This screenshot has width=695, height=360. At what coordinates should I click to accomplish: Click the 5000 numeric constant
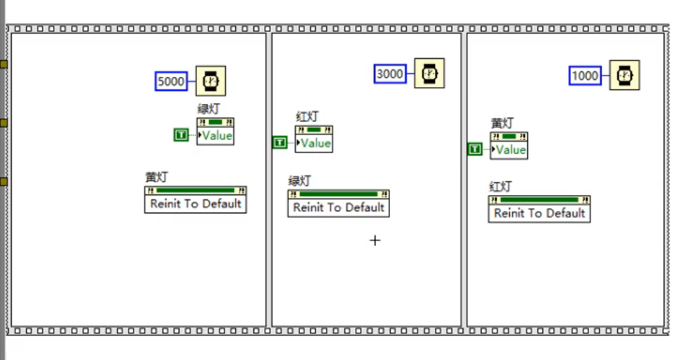click(171, 81)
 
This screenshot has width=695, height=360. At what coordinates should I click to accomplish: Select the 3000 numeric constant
click(390, 73)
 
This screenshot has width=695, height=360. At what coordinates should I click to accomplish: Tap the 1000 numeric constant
click(585, 75)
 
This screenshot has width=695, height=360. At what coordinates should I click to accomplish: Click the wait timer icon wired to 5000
click(211, 81)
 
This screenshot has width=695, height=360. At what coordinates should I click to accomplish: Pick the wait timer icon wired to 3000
click(429, 73)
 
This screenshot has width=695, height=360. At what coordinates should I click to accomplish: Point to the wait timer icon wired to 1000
click(625, 75)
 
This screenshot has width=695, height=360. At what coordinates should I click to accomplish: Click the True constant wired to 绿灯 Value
click(181, 134)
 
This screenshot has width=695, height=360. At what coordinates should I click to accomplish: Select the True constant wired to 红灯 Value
click(280, 142)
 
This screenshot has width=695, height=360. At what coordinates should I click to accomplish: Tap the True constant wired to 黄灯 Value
click(475, 150)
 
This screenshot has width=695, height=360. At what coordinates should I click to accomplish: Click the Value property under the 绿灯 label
click(216, 136)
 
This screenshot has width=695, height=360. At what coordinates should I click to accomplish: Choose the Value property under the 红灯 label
click(314, 143)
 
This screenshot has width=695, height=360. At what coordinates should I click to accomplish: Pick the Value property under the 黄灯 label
click(510, 150)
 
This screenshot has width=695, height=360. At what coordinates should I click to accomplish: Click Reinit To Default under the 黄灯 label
click(195, 204)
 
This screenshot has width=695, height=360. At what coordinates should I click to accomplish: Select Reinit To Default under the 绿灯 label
click(338, 208)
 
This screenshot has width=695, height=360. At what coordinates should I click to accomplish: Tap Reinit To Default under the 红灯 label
click(539, 213)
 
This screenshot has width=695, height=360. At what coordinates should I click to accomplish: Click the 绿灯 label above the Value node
click(208, 109)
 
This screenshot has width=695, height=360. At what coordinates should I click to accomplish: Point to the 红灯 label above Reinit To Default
click(500, 187)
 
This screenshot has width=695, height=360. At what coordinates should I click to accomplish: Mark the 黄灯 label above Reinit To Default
click(157, 177)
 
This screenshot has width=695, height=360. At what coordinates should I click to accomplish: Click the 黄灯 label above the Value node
click(501, 123)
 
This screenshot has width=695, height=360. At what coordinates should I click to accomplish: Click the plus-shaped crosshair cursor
click(375, 240)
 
